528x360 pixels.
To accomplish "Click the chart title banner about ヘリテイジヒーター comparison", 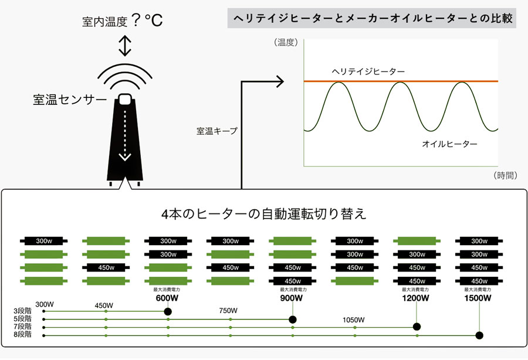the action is pyautogui.click(x=372, y=18).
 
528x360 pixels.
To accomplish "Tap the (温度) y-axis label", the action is pyautogui.click(x=286, y=42).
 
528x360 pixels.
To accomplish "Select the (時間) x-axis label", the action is pyautogui.click(x=505, y=175).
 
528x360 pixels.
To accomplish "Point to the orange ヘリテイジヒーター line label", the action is pyautogui.click(x=368, y=72).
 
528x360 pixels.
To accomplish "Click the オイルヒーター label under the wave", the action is pyautogui.click(x=449, y=144).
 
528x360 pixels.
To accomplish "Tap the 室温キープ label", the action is pyautogui.click(x=217, y=131).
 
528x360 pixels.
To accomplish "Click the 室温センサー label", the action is pyautogui.click(x=70, y=100).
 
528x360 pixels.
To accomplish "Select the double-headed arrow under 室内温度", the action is pyautogui.click(x=125, y=45).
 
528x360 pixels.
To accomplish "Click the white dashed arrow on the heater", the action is pyautogui.click(x=125, y=135).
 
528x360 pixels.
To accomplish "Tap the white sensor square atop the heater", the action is pyautogui.click(x=124, y=99).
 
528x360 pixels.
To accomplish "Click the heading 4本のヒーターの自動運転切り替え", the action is pyautogui.click(x=263, y=214).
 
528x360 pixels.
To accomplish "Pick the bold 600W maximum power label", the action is pyautogui.click(x=167, y=298).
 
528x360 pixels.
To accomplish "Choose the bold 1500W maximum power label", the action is pyautogui.click(x=478, y=298).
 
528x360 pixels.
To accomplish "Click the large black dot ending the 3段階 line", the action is pyautogui.click(x=168, y=311).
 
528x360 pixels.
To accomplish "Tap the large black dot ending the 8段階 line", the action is pyautogui.click(x=479, y=335).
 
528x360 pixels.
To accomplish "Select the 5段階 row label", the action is pyautogui.click(x=22, y=318).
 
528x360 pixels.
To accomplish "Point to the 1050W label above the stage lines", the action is pyautogui.click(x=354, y=320).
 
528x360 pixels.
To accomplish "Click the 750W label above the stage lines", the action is pyautogui.click(x=228, y=311).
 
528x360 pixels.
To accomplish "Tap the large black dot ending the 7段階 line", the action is pyautogui.click(x=417, y=327).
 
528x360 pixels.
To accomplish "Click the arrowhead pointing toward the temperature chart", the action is pyautogui.click(x=280, y=81).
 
